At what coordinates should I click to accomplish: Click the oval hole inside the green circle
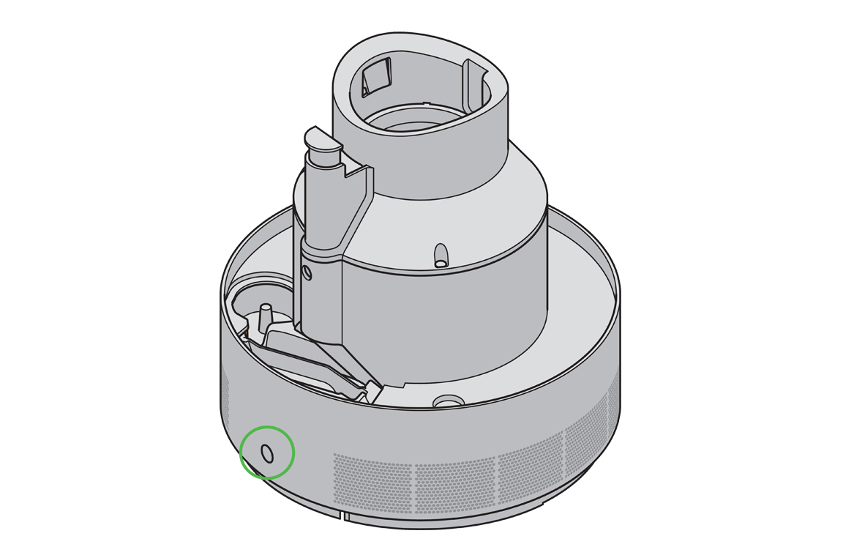click(267, 453)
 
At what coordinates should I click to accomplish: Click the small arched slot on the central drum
click(440, 254)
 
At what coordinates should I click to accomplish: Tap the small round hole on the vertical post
click(306, 273)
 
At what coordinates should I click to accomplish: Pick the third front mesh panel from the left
click(531, 469)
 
